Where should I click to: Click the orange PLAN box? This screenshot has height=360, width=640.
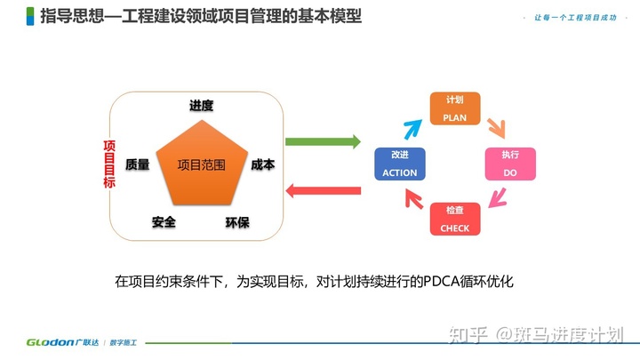pyautogui.click(x=455, y=107)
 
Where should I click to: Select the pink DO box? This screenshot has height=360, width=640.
pyautogui.click(x=509, y=164)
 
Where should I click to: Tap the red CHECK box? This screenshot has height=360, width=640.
pyautogui.click(x=454, y=219)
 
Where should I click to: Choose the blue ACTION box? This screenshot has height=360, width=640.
pyautogui.click(x=399, y=164)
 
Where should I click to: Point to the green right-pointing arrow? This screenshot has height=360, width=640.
pyautogui.click(x=323, y=141)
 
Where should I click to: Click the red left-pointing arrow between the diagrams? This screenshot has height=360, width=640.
pyautogui.click(x=322, y=188)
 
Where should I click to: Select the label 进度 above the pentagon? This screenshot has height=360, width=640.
pyautogui.click(x=201, y=106)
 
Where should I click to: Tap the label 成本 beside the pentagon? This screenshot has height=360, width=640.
pyautogui.click(x=262, y=164)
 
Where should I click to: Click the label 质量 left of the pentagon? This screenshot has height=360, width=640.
pyautogui.click(x=138, y=164)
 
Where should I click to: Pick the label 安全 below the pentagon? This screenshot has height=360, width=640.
pyautogui.click(x=164, y=221)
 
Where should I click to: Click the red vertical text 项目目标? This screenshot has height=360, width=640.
pyautogui.click(x=109, y=164)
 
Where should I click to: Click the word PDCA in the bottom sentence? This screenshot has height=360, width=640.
pyautogui.click(x=423, y=281)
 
